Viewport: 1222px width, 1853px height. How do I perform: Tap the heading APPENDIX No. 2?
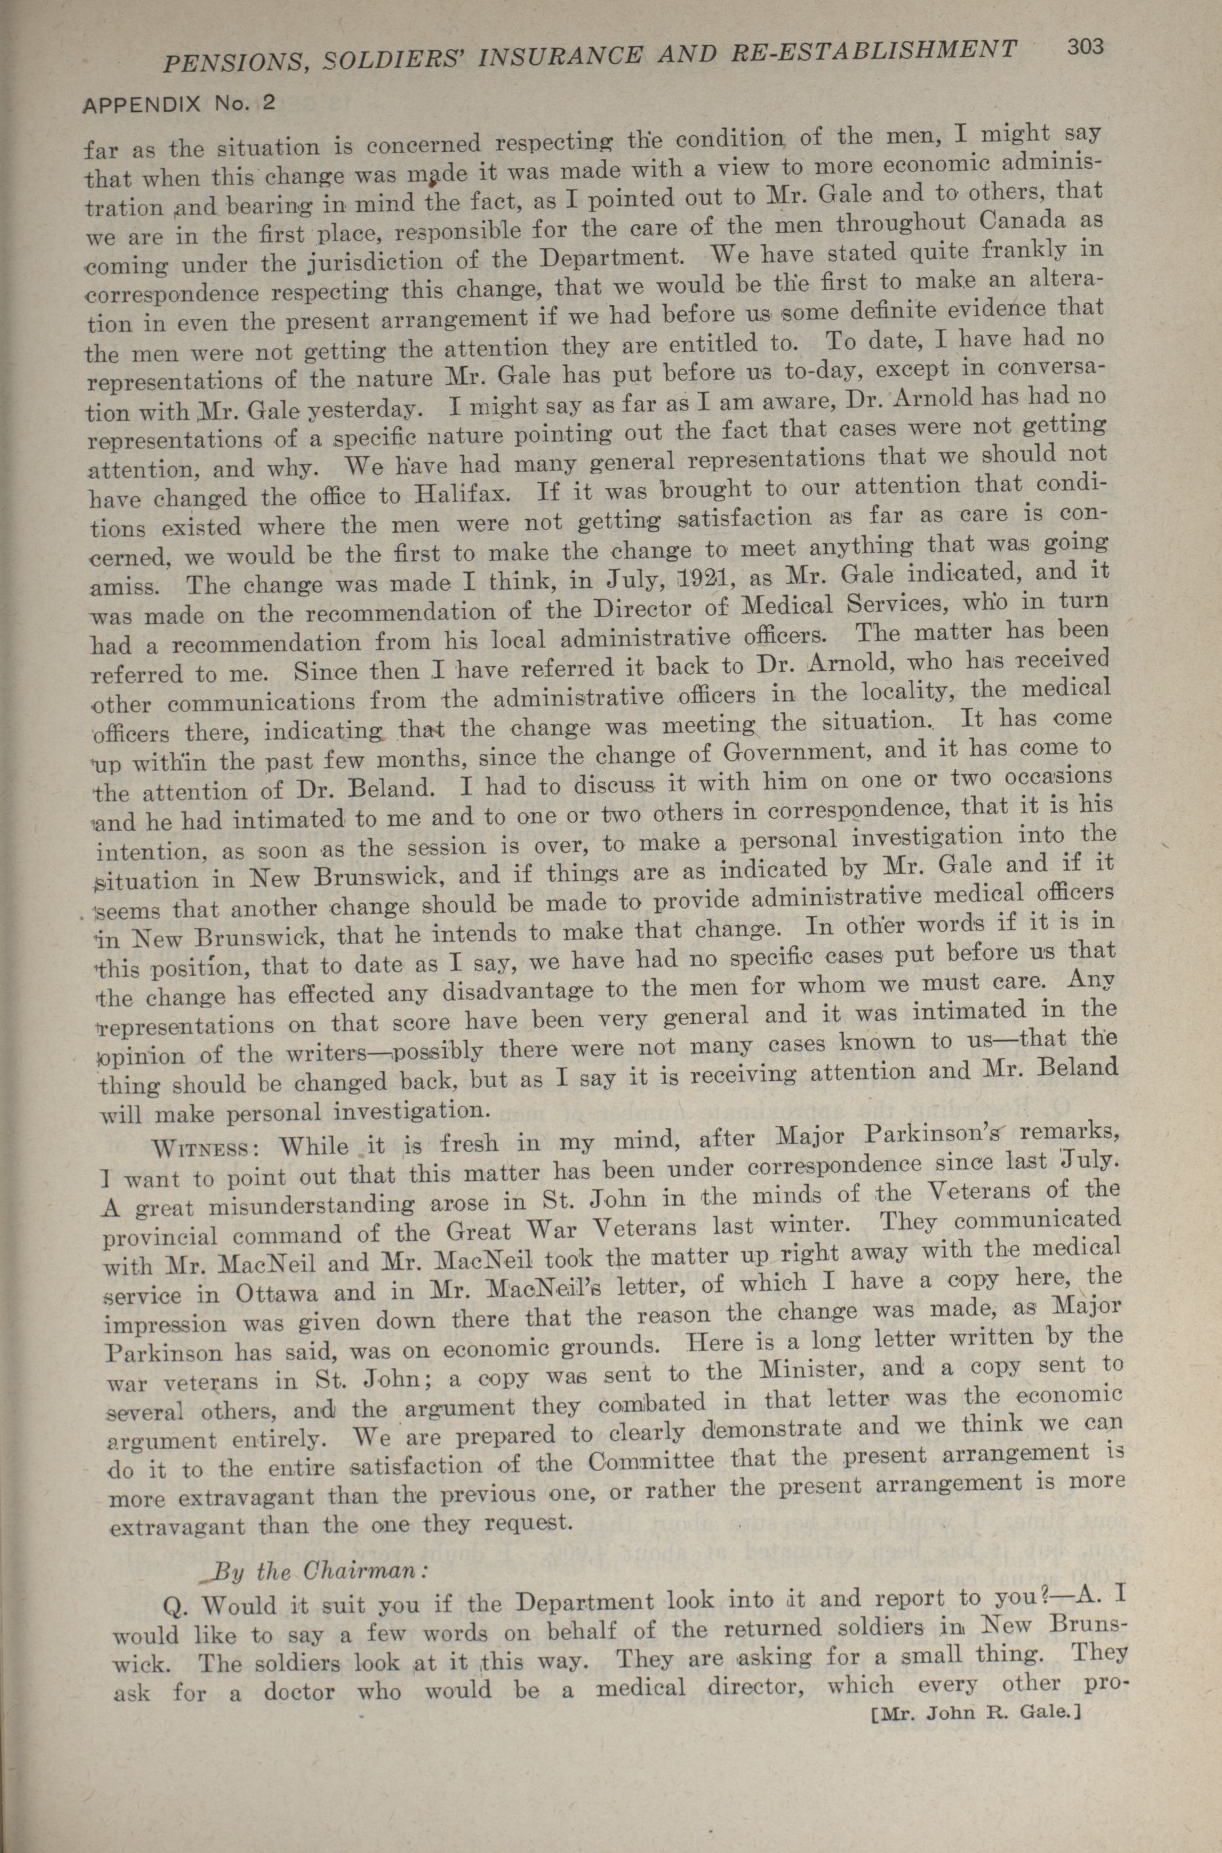coord(179,104)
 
